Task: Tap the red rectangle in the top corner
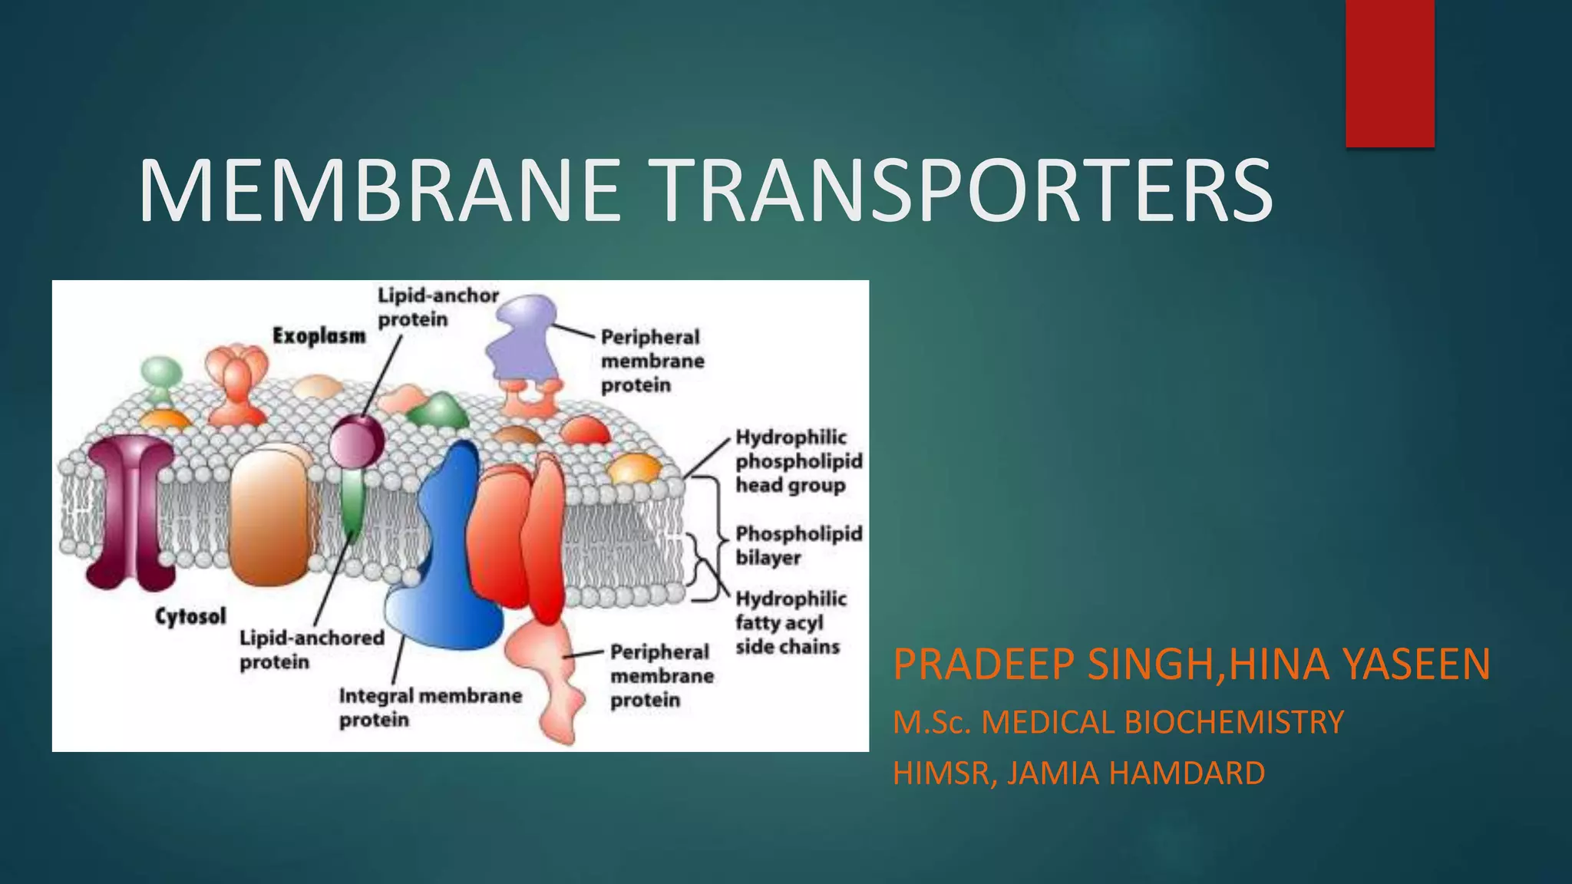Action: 1389,73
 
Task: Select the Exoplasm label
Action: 319,336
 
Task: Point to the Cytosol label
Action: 190,616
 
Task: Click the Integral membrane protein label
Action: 430,708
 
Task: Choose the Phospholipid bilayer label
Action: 798,546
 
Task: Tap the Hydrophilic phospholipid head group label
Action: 798,461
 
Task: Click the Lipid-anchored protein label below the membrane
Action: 312,649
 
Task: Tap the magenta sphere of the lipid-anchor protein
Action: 357,441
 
